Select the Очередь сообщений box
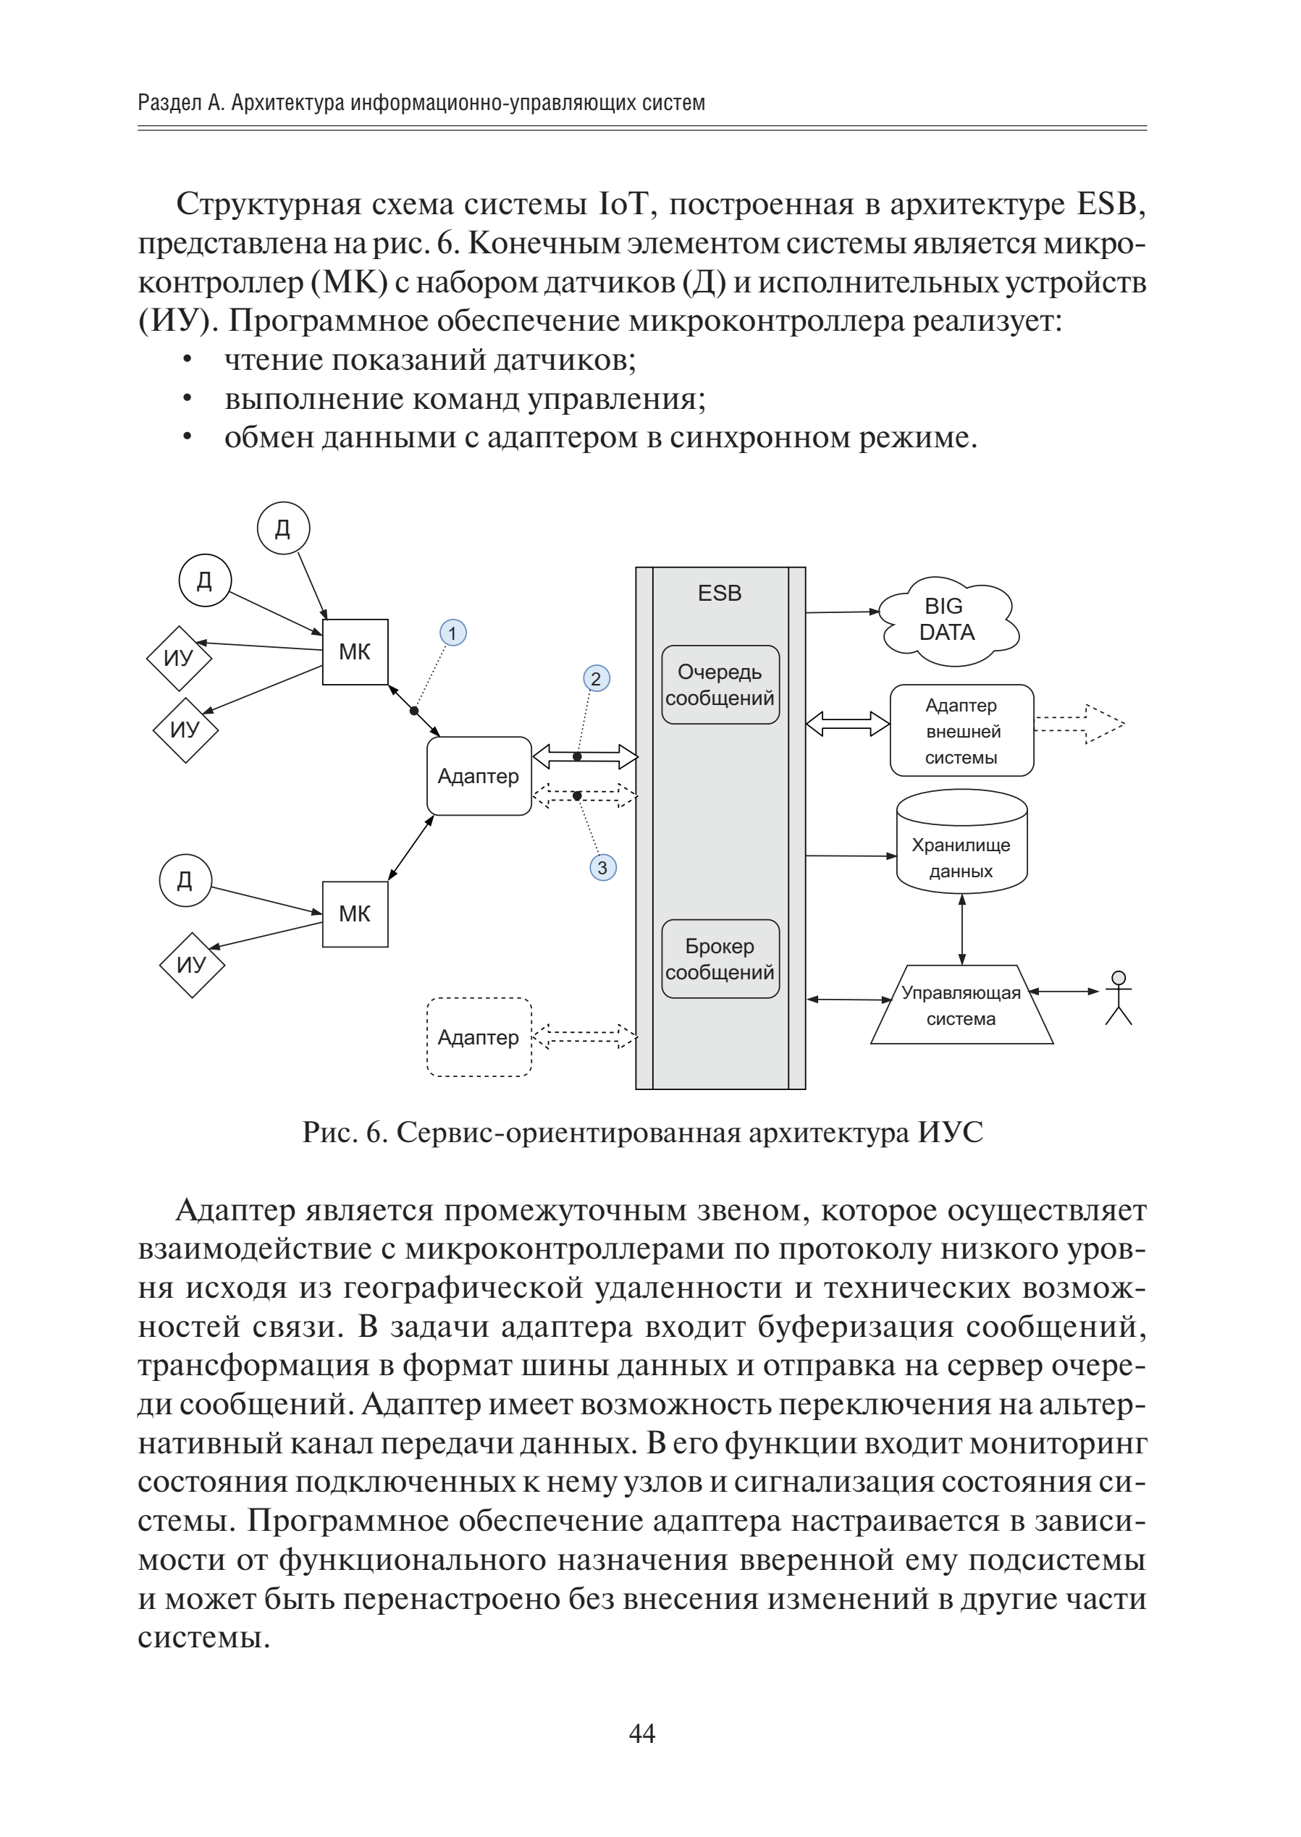(720, 685)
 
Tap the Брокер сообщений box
(720, 958)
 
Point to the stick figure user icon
(1119, 998)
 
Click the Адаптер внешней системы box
(961, 730)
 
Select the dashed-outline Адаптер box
(479, 1037)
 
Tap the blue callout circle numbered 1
(452, 633)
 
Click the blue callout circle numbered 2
(596, 679)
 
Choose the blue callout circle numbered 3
(602, 867)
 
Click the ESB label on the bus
(720, 594)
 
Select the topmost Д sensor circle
(283, 528)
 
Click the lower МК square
(355, 913)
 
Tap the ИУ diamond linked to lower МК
(191, 965)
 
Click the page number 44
(642, 1733)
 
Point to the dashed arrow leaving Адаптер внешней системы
(1079, 724)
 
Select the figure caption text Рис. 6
(345, 1132)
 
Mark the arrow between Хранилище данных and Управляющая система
(961, 928)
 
